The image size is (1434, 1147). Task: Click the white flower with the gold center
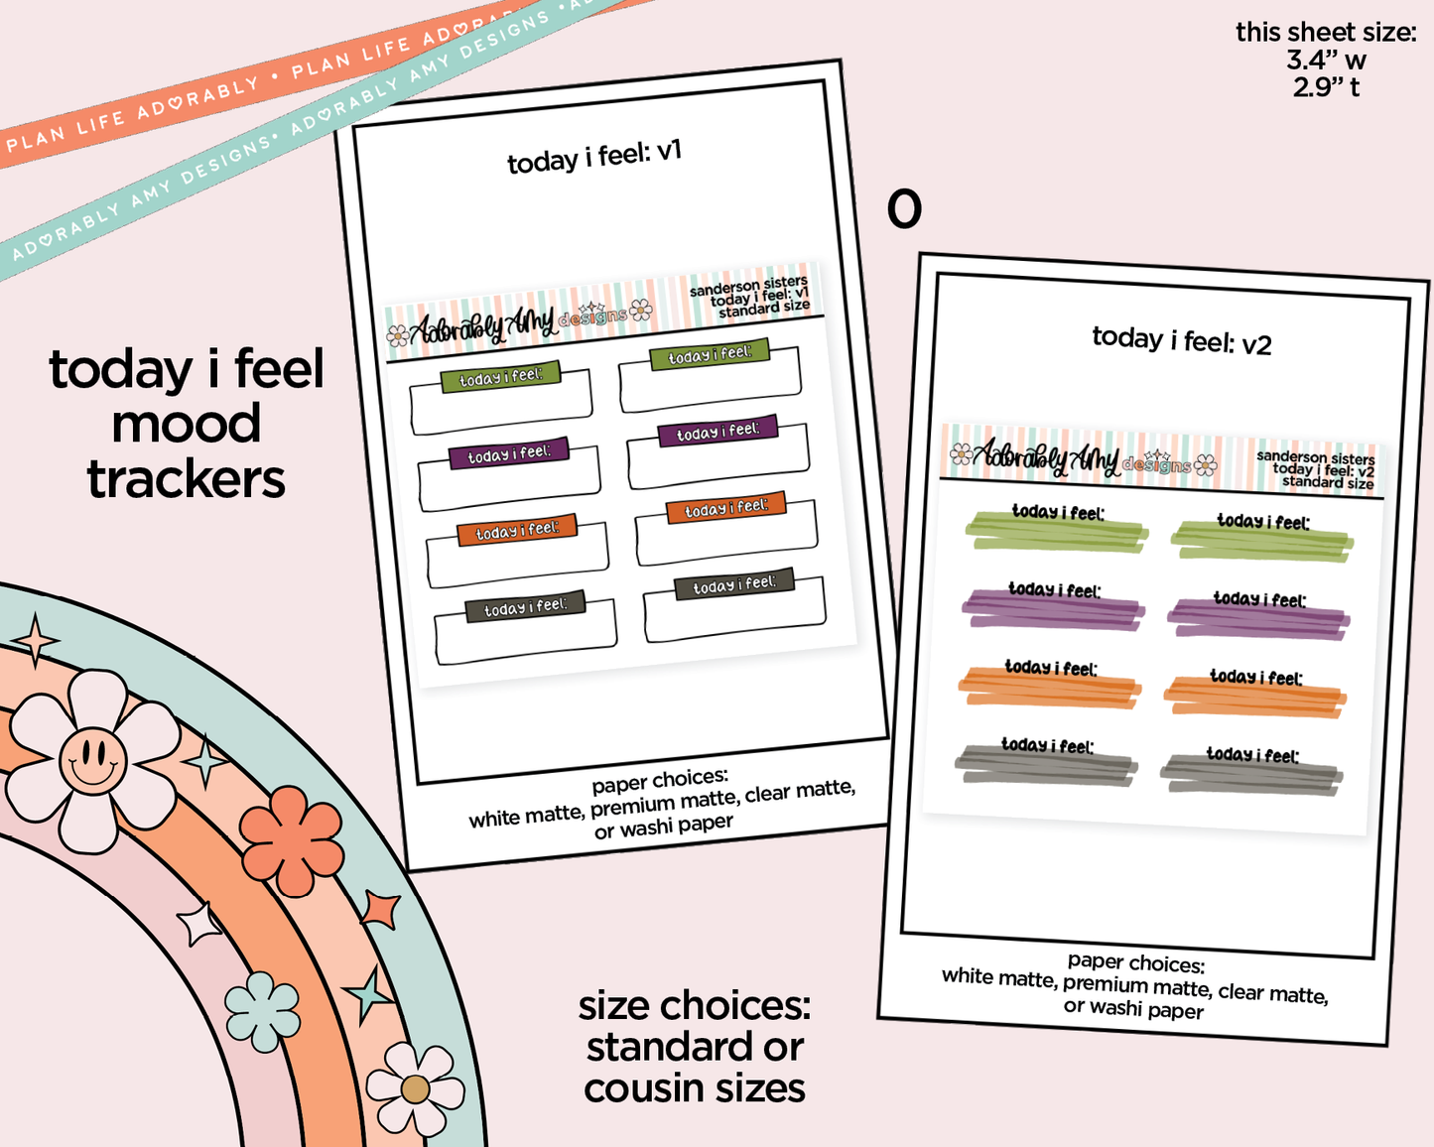coord(415,1089)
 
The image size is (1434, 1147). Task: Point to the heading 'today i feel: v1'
coord(594,156)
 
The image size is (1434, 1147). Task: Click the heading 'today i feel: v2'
coord(1181,340)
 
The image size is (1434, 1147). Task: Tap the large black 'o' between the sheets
coord(904,209)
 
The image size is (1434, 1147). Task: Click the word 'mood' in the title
coord(187,425)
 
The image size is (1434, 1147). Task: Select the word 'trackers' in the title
coord(187,480)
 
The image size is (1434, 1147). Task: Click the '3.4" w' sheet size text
coord(1326,61)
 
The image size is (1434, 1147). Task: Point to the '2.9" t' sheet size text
coord(1326,87)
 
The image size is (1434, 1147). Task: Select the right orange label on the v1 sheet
coord(725,508)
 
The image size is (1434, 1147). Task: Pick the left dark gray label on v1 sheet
coord(525,607)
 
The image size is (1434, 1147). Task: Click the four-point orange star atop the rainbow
coord(36,640)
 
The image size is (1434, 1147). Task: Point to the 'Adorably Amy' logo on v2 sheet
coord(1047,457)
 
